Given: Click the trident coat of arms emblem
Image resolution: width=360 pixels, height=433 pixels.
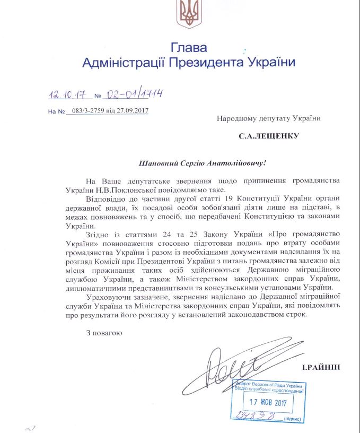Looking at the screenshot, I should coord(188,15).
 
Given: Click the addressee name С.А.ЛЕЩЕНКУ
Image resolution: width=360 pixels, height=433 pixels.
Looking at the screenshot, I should coord(269,136).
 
